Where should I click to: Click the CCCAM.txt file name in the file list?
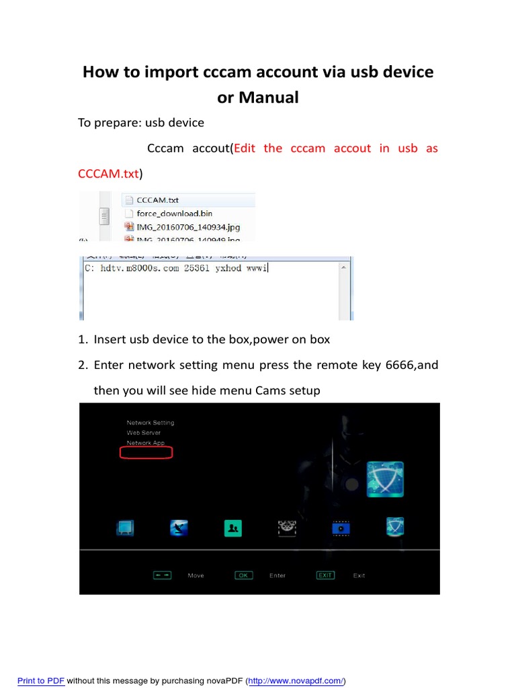click(157, 200)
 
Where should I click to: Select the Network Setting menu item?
click(150, 423)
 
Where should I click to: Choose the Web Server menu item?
click(143, 433)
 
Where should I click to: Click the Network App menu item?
click(145, 443)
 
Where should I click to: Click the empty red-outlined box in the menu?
click(146, 453)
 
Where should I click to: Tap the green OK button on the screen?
click(243, 575)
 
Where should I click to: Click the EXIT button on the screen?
click(326, 575)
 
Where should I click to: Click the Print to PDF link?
click(41, 681)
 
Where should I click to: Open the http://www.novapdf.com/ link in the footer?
click(296, 681)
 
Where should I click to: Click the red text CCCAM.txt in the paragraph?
click(108, 174)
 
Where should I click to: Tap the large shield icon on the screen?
click(385, 479)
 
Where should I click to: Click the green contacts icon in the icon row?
click(232, 528)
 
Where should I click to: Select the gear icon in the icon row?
click(287, 528)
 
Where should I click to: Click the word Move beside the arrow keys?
click(196, 576)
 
